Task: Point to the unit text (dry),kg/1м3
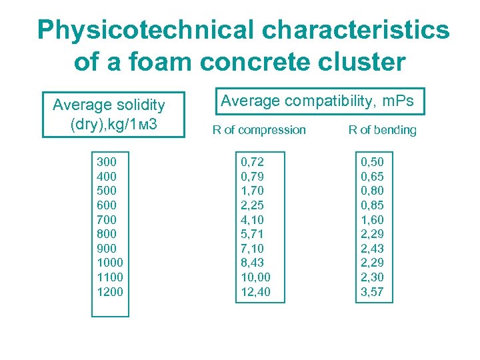pos(113,123)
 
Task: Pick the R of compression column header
pos(259,130)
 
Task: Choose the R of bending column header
pos(382,130)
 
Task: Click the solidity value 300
pos(107,161)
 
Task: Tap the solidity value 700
pos(107,219)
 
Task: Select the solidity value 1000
pos(110,263)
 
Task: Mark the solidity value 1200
pos(110,291)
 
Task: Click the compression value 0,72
pos(251,161)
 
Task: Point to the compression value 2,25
pos(251,205)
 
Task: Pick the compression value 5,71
pos(251,234)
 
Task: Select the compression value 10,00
pos(255,277)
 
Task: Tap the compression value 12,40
pos(255,291)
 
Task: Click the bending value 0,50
pos(373,161)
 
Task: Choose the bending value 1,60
pos(373,219)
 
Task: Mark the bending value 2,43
pos(373,248)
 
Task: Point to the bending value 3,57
pos(373,291)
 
